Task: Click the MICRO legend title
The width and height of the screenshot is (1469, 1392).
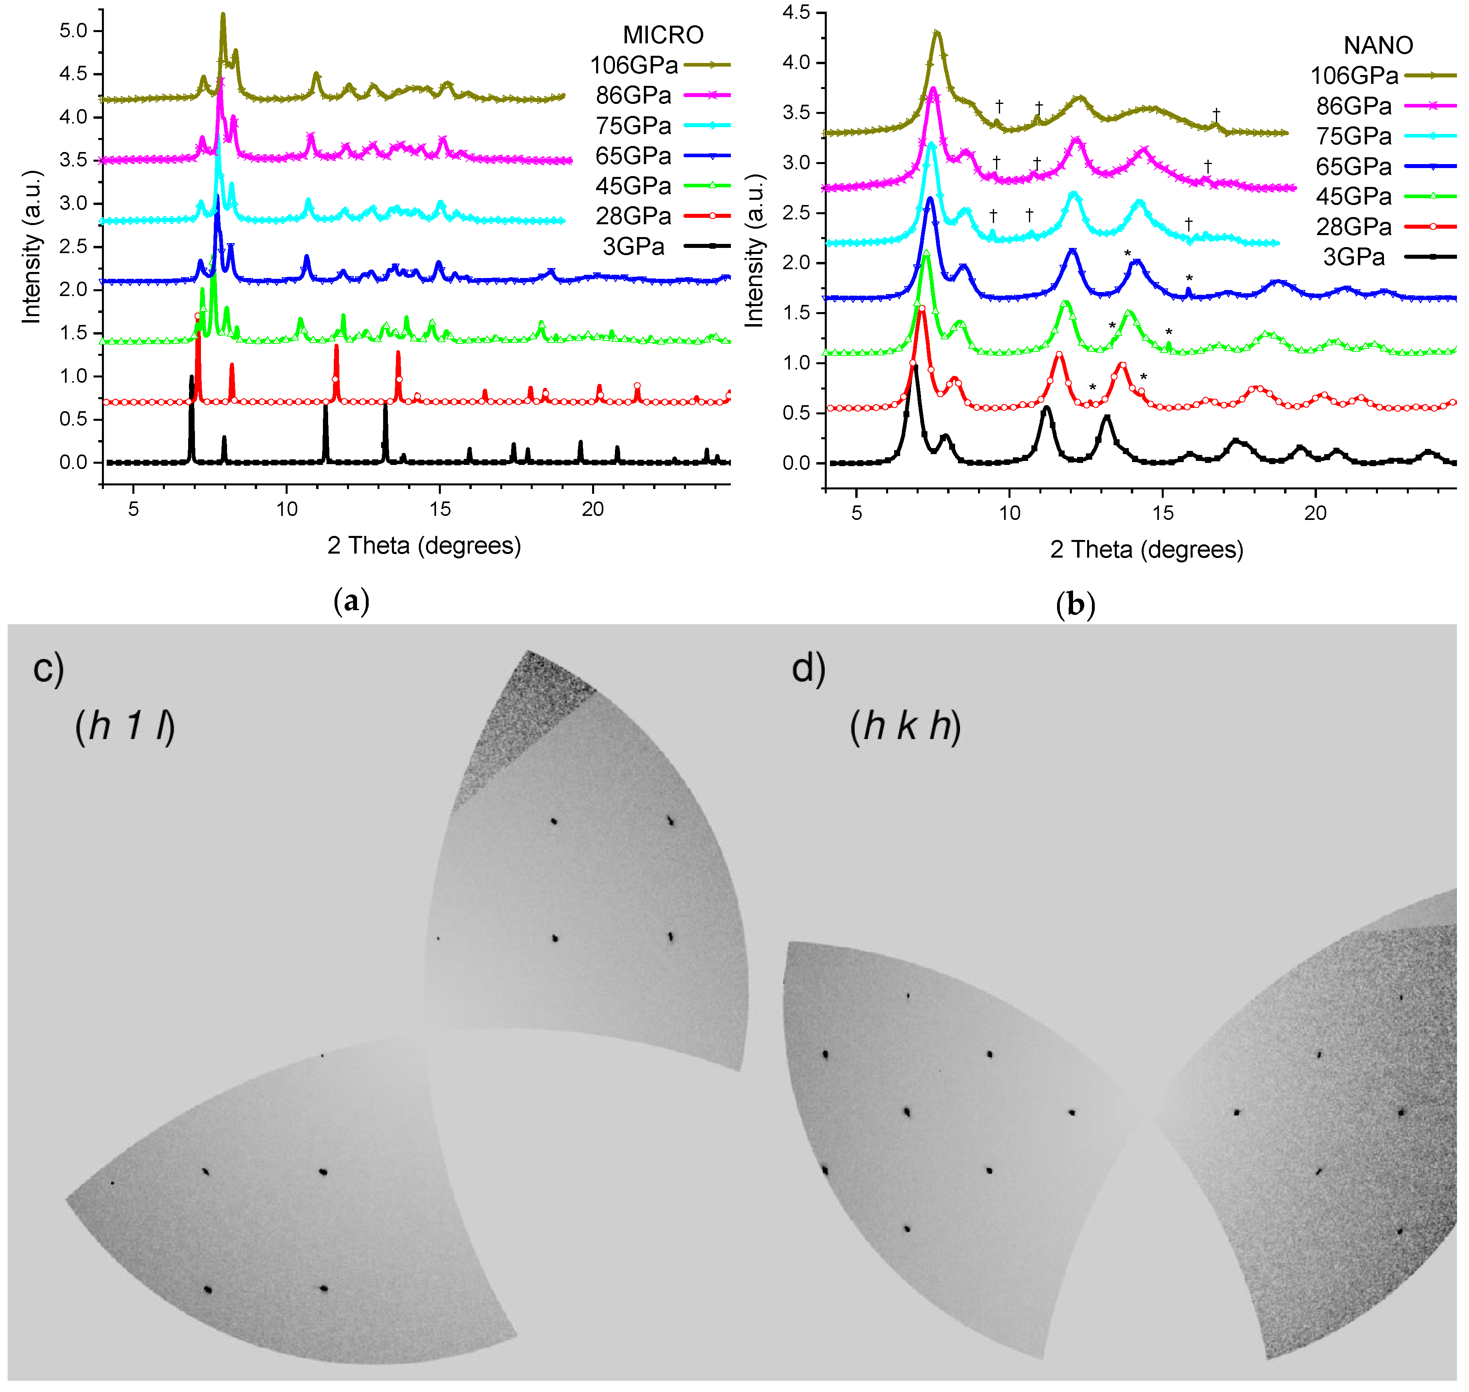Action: pyautogui.click(x=663, y=35)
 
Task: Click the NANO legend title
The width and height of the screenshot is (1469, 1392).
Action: pyautogui.click(x=1378, y=45)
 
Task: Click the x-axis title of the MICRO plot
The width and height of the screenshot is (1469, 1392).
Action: pyautogui.click(x=424, y=546)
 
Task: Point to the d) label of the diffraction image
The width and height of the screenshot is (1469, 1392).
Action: pyautogui.click(x=808, y=669)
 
